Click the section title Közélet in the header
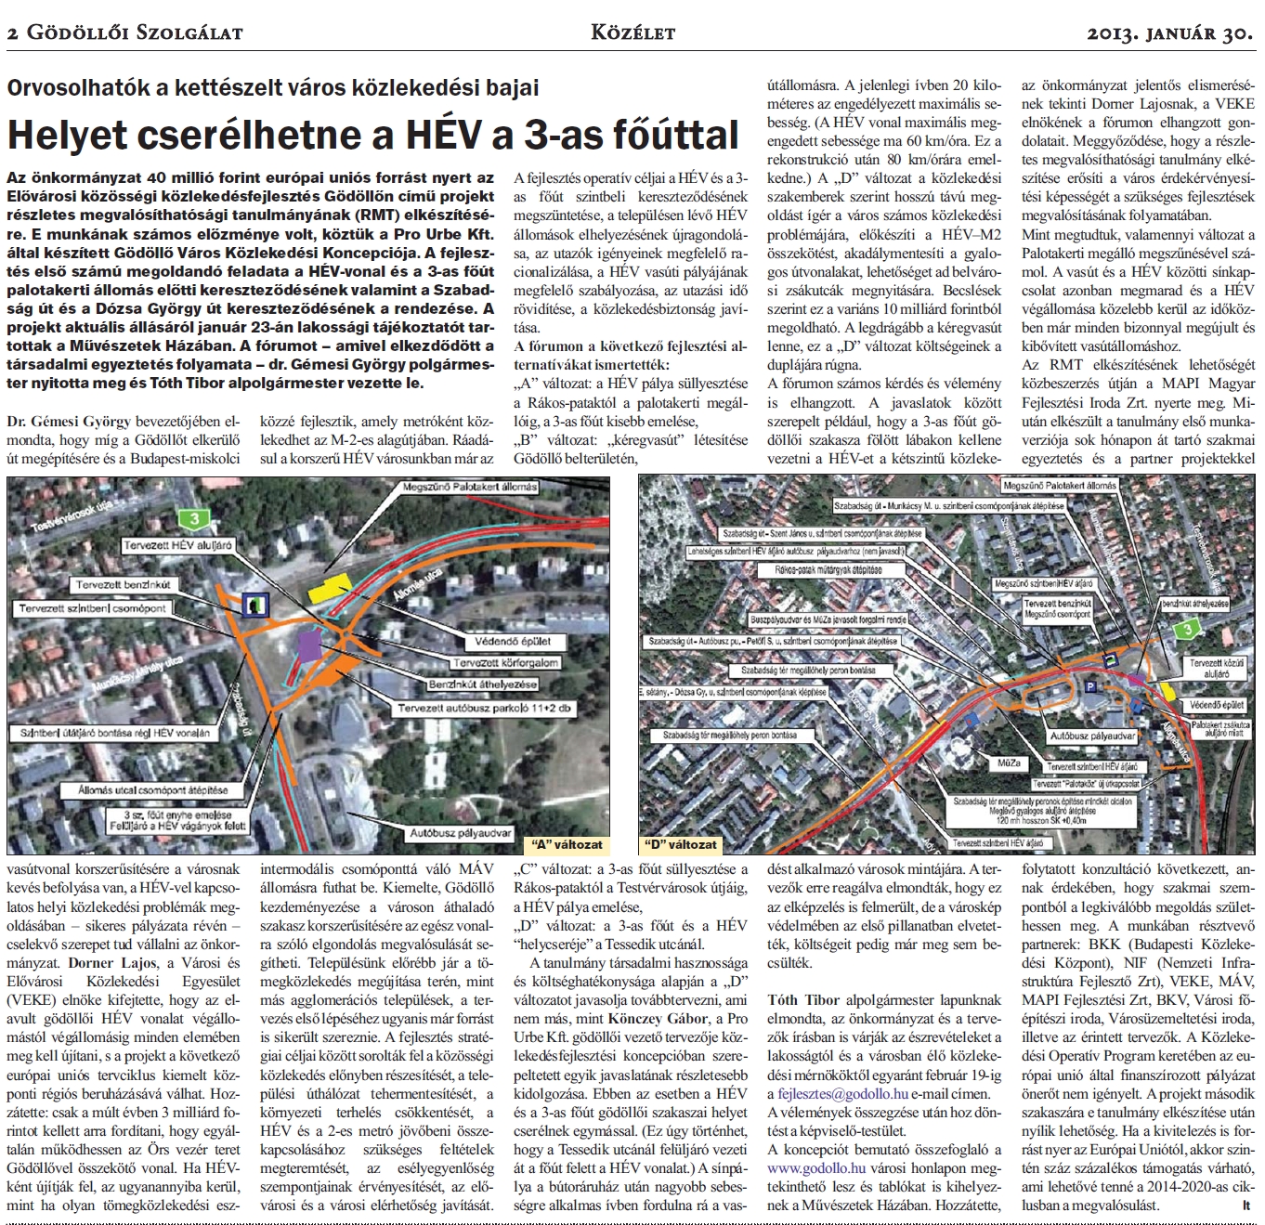tap(632, 34)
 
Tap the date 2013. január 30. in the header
tap(1170, 34)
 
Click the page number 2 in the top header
tap(12, 34)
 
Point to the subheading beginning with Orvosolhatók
tap(272, 88)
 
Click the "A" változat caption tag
tap(566, 845)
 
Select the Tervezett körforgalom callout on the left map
tap(505, 663)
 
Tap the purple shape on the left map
tap(310, 645)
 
